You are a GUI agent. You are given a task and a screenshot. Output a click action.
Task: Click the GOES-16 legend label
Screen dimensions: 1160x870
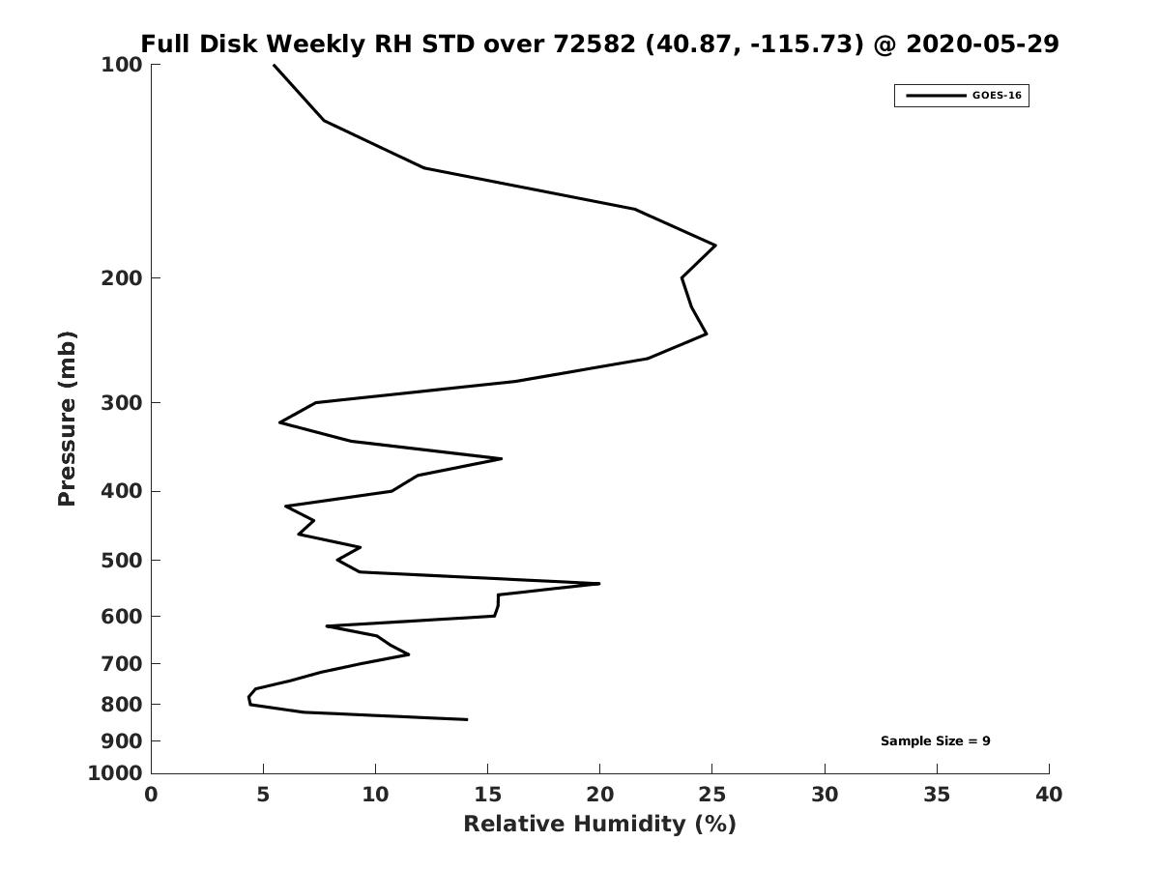pos(997,96)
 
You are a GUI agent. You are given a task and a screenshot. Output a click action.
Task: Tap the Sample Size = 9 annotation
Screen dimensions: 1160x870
pos(935,741)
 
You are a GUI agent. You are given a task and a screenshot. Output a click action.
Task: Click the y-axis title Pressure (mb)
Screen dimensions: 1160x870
pos(67,419)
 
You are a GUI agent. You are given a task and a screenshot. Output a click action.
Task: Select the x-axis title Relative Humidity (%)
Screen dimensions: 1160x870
pos(600,824)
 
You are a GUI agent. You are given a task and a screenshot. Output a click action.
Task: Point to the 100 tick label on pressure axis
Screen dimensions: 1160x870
pos(122,65)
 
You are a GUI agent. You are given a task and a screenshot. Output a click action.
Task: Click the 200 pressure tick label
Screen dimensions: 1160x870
pos(122,277)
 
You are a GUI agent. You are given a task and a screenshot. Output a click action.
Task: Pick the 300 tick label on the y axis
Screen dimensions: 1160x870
pos(122,403)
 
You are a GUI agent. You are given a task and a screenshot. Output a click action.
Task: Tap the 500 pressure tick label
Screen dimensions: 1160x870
pos(122,560)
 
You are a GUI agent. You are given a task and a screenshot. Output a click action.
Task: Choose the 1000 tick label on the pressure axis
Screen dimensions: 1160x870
pos(115,773)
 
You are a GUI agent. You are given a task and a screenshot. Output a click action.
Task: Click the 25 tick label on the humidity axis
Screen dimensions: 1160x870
pos(711,795)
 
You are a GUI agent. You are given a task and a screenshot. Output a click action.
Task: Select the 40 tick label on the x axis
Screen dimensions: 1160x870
pos(1049,795)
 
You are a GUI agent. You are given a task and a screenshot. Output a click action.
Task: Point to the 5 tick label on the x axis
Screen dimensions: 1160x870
pos(263,795)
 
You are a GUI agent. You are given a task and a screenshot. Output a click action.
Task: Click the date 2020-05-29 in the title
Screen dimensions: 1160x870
pos(982,43)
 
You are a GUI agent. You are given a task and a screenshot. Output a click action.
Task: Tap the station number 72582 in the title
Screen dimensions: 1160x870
pos(594,43)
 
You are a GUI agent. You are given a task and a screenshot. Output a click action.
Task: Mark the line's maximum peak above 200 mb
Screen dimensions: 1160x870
pos(715,246)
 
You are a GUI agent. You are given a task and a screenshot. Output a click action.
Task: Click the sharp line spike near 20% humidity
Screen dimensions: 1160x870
pos(599,584)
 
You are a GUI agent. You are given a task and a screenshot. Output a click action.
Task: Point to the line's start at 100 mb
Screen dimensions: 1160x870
pos(274,65)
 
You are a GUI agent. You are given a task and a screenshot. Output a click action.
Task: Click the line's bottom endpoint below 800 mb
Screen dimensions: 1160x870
pos(467,719)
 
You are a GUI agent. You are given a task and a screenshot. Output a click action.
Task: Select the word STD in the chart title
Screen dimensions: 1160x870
pos(449,43)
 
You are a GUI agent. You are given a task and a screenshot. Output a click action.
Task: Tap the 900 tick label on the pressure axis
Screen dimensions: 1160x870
pos(122,741)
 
